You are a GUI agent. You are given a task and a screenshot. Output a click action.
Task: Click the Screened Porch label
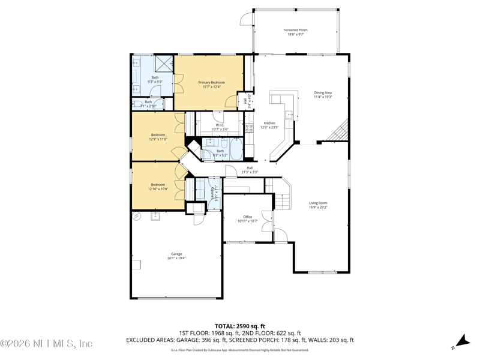295,32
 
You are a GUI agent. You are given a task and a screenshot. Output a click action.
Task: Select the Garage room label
176,256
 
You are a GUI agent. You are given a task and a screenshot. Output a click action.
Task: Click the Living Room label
318,205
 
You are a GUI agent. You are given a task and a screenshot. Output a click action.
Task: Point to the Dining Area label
323,95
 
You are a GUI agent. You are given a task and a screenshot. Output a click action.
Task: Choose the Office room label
248,218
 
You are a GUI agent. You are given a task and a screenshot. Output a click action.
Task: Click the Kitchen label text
269,125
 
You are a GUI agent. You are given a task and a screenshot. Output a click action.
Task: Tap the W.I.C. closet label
220,127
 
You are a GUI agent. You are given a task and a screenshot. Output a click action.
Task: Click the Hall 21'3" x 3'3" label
250,170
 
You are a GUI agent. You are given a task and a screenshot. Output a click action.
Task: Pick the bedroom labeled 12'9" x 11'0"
157,137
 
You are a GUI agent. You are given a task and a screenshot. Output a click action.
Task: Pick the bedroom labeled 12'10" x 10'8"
158,187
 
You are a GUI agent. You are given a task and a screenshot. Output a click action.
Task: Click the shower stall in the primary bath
164,63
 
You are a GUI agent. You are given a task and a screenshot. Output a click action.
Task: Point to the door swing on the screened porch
245,19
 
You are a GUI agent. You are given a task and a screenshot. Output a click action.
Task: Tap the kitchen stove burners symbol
250,127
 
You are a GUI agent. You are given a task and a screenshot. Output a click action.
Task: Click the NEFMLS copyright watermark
46,344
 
